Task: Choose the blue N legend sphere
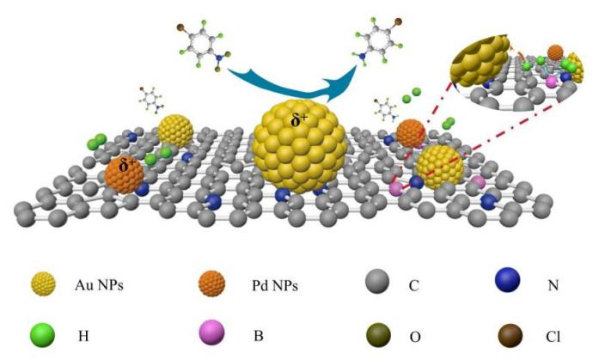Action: coord(511,281)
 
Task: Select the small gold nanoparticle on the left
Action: coord(175,131)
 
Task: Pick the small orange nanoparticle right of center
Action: coord(411,132)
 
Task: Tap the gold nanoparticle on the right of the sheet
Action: coord(440,166)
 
